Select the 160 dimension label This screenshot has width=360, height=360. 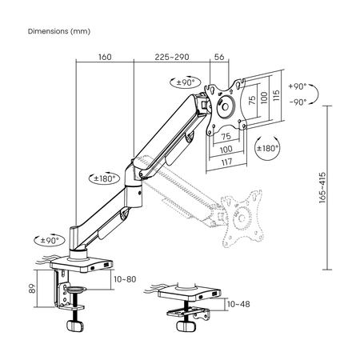(x=104, y=58)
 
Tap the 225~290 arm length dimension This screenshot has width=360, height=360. (x=172, y=58)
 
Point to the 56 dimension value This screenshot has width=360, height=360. (x=220, y=58)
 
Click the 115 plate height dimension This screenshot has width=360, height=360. (x=276, y=96)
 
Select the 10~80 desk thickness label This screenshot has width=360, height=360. (x=123, y=279)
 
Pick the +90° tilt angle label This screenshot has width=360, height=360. (x=297, y=85)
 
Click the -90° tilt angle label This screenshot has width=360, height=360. (x=297, y=102)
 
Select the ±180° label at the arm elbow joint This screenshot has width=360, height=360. (x=105, y=178)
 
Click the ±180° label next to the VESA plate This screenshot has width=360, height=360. (x=266, y=149)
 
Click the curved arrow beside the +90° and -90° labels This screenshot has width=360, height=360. (x=314, y=94)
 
